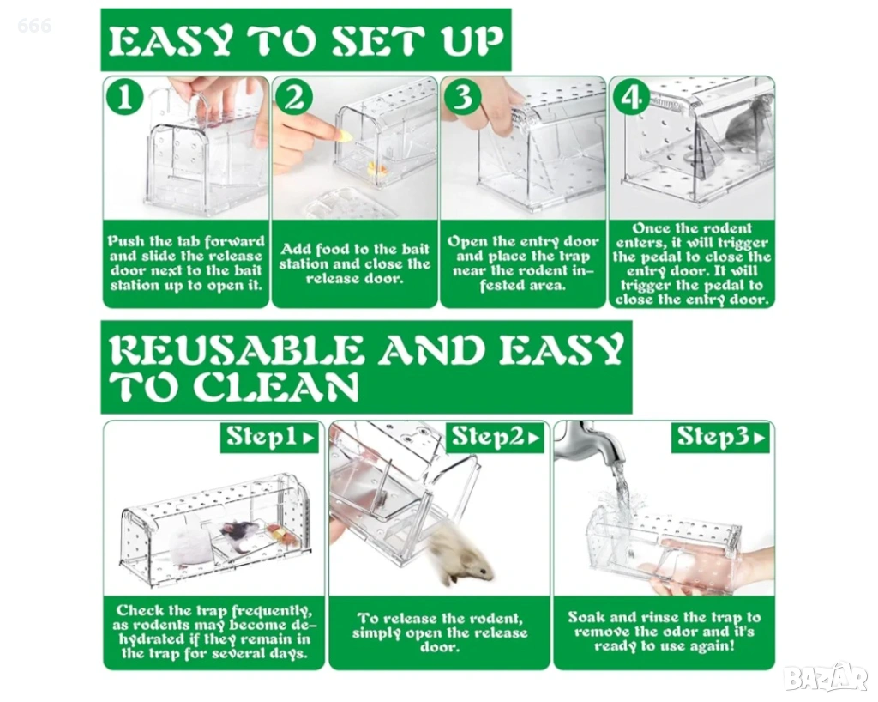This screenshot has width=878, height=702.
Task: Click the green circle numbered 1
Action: (124, 98)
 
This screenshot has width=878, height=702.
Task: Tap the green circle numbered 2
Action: (294, 98)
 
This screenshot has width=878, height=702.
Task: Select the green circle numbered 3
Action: (462, 98)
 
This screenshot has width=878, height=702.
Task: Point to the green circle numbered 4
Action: (632, 98)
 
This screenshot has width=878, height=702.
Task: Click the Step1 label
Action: (269, 437)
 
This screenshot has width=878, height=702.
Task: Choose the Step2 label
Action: (495, 437)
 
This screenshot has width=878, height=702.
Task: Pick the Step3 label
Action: (720, 437)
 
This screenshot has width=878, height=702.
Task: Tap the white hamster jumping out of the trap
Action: (460, 555)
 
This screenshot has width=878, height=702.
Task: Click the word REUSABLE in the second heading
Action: (234, 350)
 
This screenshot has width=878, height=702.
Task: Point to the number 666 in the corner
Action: (34, 25)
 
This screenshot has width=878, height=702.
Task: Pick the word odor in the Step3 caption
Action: (677, 632)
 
